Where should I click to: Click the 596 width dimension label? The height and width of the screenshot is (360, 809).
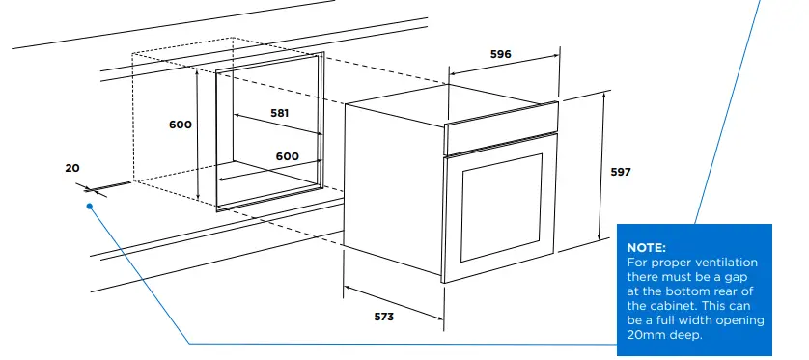[500, 55]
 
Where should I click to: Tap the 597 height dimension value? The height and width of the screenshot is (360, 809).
[621, 172]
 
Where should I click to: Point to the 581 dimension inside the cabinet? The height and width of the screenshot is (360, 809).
[279, 113]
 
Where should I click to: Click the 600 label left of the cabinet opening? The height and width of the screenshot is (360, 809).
[181, 125]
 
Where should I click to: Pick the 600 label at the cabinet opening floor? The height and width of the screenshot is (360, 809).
[287, 156]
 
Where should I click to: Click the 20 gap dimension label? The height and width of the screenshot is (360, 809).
[72, 168]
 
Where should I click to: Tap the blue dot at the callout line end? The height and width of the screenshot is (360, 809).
[89, 205]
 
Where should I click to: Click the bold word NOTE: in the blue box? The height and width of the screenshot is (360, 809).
[647, 248]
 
